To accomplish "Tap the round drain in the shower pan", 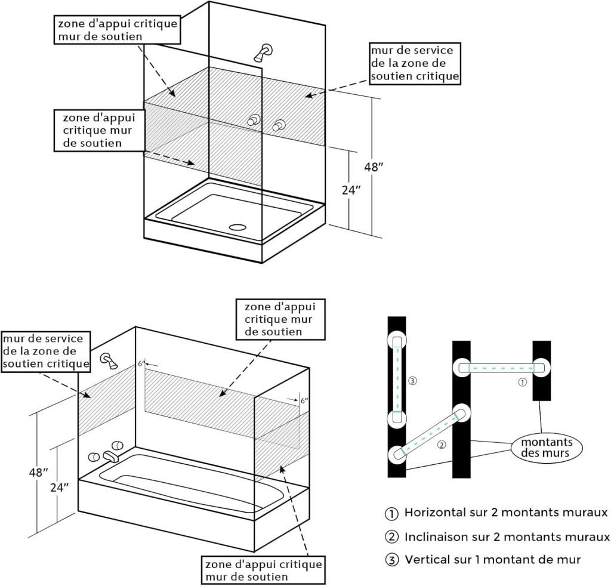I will click(x=239, y=227).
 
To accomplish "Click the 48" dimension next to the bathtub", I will click(x=38, y=472).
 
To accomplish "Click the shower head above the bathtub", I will click(x=109, y=360).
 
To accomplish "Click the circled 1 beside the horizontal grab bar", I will click(x=523, y=382).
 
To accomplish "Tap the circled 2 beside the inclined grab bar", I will click(x=441, y=445).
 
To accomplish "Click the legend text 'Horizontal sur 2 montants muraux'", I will click(x=506, y=513).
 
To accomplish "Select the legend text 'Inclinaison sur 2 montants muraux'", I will click(x=507, y=536).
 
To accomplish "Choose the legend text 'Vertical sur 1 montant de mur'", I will click(x=492, y=559).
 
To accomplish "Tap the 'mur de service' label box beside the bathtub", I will click(x=47, y=350).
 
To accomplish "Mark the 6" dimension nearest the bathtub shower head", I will click(x=142, y=363).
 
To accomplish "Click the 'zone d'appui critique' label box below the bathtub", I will click(x=263, y=569).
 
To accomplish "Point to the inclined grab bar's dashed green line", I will click(x=430, y=433).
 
